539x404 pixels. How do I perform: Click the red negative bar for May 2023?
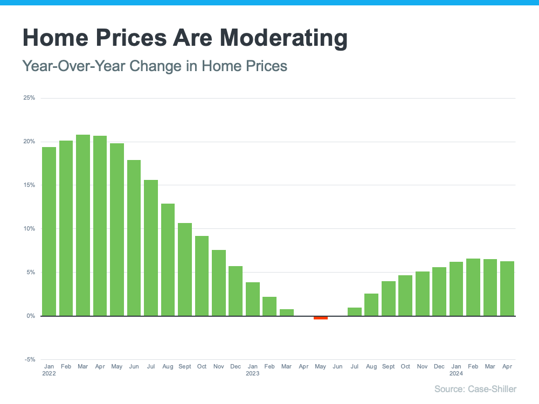click(321, 318)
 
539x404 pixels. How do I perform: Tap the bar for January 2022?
click(49, 232)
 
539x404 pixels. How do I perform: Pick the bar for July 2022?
click(151, 248)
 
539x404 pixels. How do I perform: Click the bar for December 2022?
click(236, 291)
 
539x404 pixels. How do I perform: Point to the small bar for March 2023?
click(287, 312)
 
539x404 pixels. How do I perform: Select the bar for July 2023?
click(354, 311)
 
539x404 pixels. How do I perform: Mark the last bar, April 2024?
click(507, 288)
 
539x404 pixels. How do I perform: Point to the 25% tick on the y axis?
click(29, 98)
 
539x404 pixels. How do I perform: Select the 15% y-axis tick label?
click(29, 185)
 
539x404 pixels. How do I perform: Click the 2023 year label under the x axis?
click(253, 373)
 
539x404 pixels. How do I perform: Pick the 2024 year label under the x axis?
click(456, 373)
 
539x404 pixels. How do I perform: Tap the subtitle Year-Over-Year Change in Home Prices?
click(155, 66)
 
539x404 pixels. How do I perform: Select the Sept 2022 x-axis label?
click(185, 366)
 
